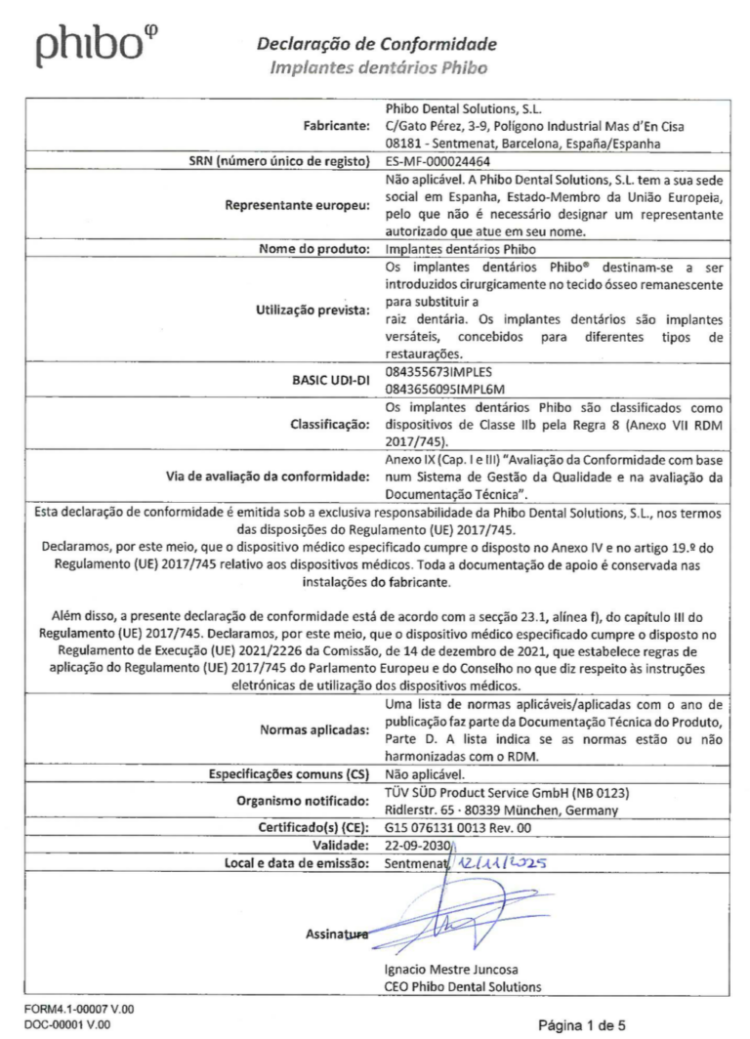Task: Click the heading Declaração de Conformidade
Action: click(x=376, y=44)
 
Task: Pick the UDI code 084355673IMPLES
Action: click(x=441, y=372)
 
